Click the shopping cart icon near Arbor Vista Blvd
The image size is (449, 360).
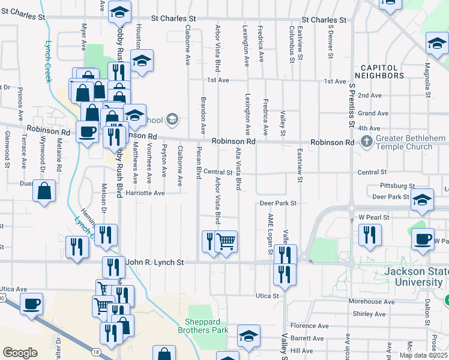click(x=226, y=242)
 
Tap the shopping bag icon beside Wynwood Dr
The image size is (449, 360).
click(x=45, y=192)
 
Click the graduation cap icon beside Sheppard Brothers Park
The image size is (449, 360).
click(x=249, y=337)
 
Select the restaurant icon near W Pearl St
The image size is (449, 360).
click(x=370, y=235)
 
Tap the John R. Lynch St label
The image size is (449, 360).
click(x=154, y=262)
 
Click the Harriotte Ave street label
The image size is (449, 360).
click(x=143, y=193)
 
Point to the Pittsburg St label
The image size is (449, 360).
click(x=397, y=187)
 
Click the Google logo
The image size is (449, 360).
click(x=20, y=353)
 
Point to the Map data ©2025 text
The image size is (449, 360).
click(x=423, y=355)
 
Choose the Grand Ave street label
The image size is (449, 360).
click(x=369, y=113)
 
